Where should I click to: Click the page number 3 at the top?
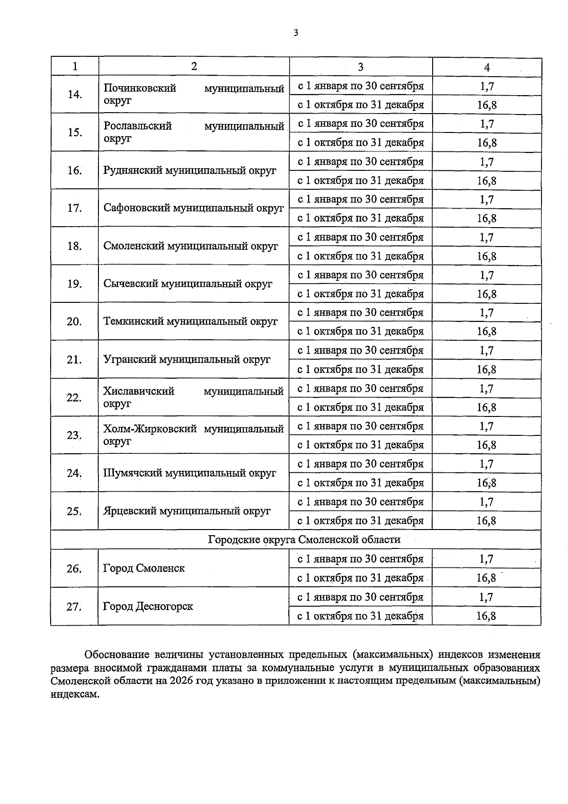click(x=295, y=33)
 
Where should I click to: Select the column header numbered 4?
click(x=487, y=67)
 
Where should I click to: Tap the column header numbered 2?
click(x=194, y=66)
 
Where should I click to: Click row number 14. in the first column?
click(x=75, y=94)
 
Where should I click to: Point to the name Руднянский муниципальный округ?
click(x=190, y=170)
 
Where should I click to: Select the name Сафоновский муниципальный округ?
click(x=194, y=208)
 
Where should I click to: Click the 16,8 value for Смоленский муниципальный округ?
click(x=487, y=256)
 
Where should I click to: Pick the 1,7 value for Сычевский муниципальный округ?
click(x=487, y=275)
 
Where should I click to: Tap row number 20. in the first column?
click(x=74, y=322)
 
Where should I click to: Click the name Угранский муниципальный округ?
click(x=187, y=359)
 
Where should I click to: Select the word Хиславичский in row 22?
click(x=139, y=391)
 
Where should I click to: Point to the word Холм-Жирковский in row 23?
click(x=150, y=429)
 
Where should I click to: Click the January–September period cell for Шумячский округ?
click(x=360, y=464)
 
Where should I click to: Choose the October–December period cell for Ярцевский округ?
click(x=360, y=521)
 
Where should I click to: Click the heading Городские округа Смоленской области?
click(x=304, y=539)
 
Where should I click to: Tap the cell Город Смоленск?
click(x=144, y=568)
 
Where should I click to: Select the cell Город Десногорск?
click(x=148, y=606)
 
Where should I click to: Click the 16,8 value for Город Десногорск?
click(x=487, y=616)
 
